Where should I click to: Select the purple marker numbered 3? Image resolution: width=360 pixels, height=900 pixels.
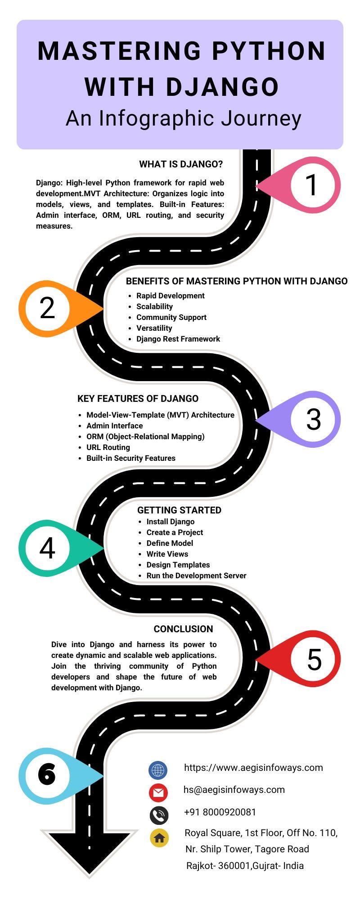coord(313,419)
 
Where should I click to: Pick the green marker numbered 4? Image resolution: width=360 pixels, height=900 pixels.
coord(47,548)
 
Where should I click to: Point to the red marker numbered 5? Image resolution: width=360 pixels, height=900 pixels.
coord(314,659)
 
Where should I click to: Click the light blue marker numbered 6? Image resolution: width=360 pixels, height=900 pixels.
coord(47,775)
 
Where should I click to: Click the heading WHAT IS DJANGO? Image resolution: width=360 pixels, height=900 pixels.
coord(181,164)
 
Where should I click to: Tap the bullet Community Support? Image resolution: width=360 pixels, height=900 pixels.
coord(171,317)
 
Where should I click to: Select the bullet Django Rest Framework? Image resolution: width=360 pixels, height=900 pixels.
coord(178,339)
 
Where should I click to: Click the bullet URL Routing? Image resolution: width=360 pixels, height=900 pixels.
coord(108,447)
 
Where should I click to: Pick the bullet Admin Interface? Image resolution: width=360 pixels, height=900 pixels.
coord(114,426)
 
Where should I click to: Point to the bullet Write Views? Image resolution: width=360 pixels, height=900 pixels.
coord(167,554)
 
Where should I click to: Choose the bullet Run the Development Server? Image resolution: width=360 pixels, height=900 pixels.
coord(196,576)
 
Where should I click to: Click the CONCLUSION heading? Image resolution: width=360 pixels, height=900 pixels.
coord(183,629)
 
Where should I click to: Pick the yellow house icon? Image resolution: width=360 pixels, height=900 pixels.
coord(159,838)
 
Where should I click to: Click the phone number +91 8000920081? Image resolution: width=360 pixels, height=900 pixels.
coord(220,812)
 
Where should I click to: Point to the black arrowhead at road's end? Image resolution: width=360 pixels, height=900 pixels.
coord(90,853)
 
